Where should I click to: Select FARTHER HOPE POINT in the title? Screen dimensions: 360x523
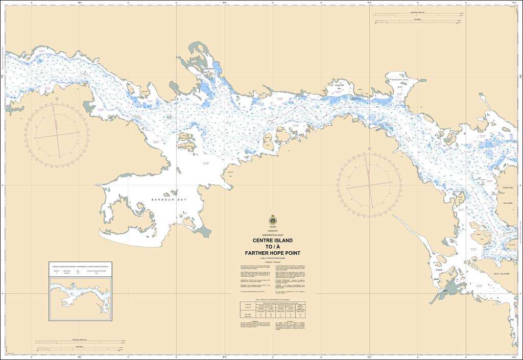[x=272, y=253]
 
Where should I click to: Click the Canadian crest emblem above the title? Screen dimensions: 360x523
[x=272, y=220]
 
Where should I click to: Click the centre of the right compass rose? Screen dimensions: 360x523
[x=369, y=186]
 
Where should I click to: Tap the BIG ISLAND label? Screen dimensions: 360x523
[x=503, y=274]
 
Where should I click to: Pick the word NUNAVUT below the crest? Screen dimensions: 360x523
[x=272, y=231]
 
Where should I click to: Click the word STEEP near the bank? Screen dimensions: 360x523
[x=438, y=270]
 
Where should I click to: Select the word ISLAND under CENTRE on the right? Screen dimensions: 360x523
[x=507, y=203]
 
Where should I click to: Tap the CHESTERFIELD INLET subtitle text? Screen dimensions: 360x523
[x=272, y=235]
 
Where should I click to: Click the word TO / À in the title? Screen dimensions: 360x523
[x=272, y=247]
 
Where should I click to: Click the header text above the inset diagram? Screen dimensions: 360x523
[x=81, y=267]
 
